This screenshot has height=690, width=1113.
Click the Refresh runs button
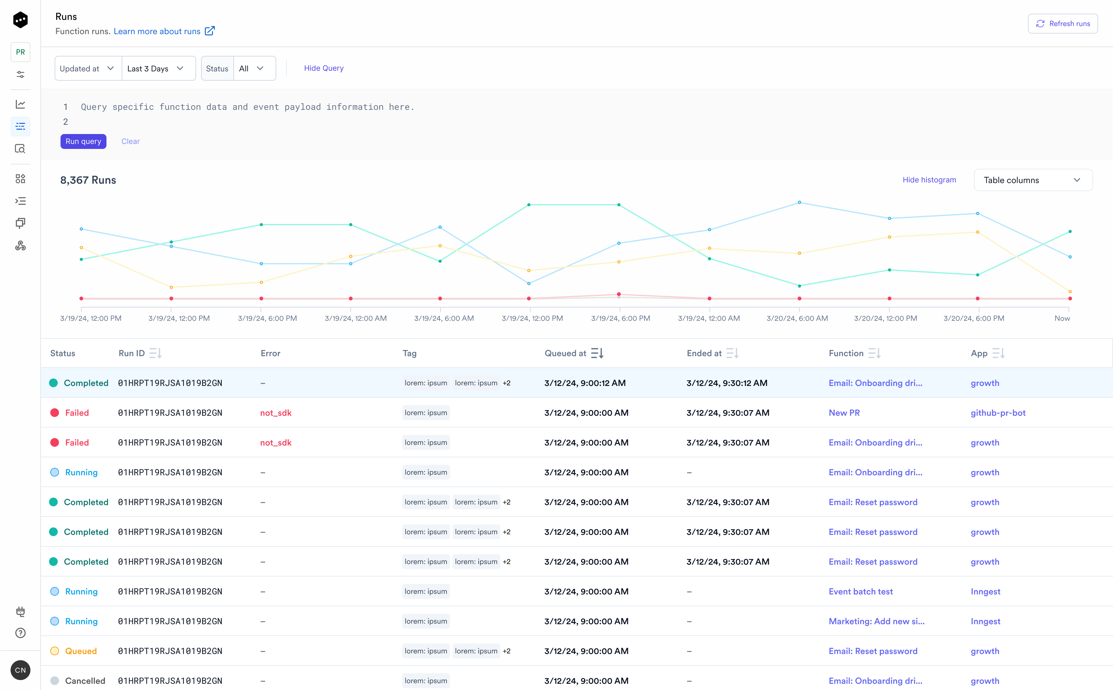tap(1062, 24)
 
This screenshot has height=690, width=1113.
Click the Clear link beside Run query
tap(131, 141)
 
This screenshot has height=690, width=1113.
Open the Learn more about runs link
tap(157, 31)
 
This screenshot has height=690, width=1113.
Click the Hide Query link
tap(324, 68)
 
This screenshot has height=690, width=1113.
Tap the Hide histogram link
tap(929, 180)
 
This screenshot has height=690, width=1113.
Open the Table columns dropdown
tap(1033, 180)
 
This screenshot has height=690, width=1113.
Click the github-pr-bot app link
tap(998, 413)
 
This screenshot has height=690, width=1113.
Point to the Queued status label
tap(81, 651)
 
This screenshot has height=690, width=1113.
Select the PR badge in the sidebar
tap(20, 52)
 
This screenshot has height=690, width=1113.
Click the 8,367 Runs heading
tap(88, 180)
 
